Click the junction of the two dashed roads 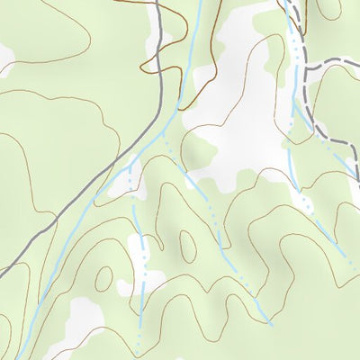[306, 69]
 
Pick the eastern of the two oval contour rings [187, 243]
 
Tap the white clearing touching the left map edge [5, 58]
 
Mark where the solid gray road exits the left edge [2, 270]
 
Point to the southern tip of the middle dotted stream [268, 321]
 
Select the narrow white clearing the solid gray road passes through [120, 180]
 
